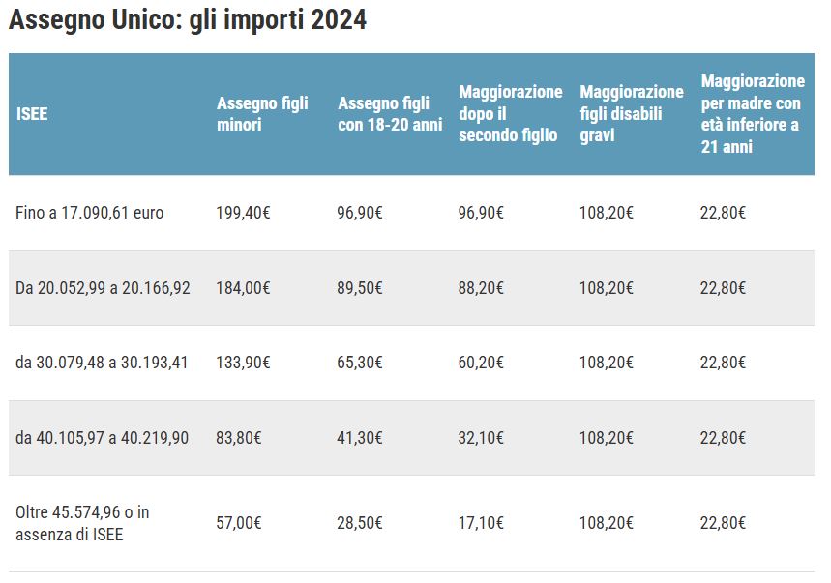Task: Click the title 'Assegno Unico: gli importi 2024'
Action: point(188,20)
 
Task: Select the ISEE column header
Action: point(32,114)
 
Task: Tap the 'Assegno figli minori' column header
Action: point(262,114)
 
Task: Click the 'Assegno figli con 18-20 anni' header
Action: point(390,114)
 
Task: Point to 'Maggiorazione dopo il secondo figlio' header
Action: point(510,114)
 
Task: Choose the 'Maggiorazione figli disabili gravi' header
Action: point(631,114)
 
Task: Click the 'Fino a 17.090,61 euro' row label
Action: point(90,213)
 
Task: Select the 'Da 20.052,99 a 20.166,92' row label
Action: point(103,288)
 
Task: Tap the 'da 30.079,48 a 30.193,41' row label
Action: point(102,363)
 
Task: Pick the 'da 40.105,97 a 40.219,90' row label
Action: point(102,438)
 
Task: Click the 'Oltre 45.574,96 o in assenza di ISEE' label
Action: point(82,522)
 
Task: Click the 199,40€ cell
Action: point(243,213)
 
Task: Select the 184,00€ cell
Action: point(243,288)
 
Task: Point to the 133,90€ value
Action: point(243,363)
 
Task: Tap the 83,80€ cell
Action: point(239,438)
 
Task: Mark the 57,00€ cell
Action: point(239,523)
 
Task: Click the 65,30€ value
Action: point(360,363)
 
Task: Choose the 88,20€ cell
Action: point(481,288)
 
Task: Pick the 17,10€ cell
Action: point(481,523)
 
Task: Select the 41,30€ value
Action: point(360,438)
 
